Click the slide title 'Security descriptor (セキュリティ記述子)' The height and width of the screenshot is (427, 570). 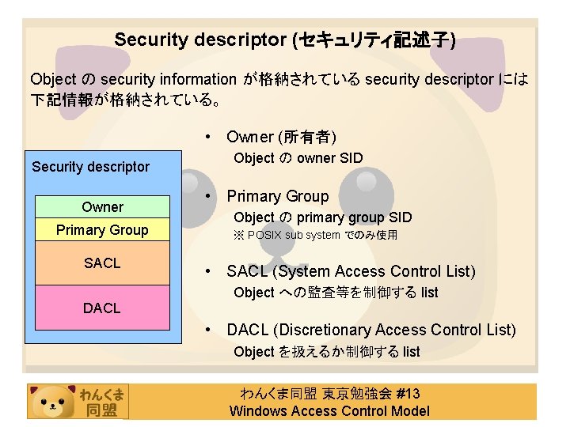click(284, 40)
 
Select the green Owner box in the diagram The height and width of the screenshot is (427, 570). click(102, 207)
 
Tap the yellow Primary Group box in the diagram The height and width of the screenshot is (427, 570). click(102, 230)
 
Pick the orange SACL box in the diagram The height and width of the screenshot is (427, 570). click(102, 263)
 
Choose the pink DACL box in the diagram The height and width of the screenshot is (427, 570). click(102, 308)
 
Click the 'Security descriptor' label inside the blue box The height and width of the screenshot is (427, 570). click(90, 167)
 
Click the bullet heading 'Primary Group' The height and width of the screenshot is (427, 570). click(277, 196)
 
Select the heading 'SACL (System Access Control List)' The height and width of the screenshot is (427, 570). click(351, 272)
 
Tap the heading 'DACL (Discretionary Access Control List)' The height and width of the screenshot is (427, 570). click(370, 331)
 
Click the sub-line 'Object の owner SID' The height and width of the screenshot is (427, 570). click(298, 158)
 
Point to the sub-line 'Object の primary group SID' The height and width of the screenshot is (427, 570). click(322, 217)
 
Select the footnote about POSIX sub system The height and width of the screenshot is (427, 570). click(315, 235)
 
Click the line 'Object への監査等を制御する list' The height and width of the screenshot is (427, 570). click(336, 293)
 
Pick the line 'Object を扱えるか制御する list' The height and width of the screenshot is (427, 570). click(326, 352)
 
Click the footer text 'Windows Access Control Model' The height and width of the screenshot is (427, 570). click(329, 410)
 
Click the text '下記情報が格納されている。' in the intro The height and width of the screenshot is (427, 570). click(127, 100)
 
